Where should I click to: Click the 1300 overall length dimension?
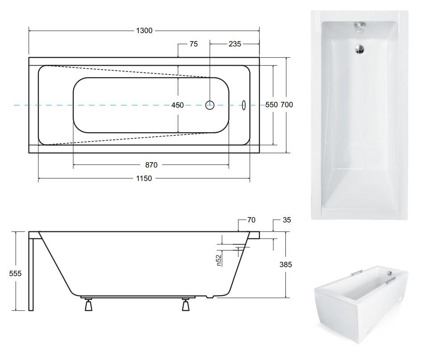pos(144,31)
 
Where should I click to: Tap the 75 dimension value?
pos(193,44)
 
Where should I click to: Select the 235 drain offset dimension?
pos(235,44)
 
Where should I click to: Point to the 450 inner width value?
pos(178,105)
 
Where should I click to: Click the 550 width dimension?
pos(272,105)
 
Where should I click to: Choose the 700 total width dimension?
pos(287,105)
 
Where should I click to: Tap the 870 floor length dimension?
pos(151,165)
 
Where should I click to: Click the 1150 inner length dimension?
pos(144,178)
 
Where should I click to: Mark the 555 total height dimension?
pos(15,273)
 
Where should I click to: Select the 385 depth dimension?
pos(285,265)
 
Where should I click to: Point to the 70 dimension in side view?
pos(251,220)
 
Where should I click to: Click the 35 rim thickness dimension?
pos(287,220)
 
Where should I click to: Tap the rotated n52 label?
pos(219,260)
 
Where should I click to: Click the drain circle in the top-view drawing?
pos(210,105)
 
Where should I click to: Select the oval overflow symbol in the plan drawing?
pos(243,105)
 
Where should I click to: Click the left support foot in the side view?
pos(88,305)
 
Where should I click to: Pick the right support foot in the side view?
pos(186,305)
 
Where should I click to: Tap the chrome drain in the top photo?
pos(359,49)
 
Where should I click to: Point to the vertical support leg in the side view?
pos(31,274)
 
